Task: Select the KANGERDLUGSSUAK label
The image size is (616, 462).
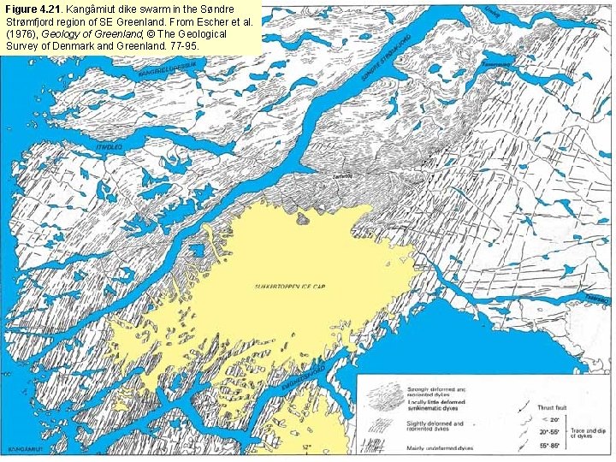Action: (x=168, y=69)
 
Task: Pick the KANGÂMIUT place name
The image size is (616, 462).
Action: (x=25, y=448)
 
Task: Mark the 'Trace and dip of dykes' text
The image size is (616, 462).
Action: (x=590, y=433)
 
